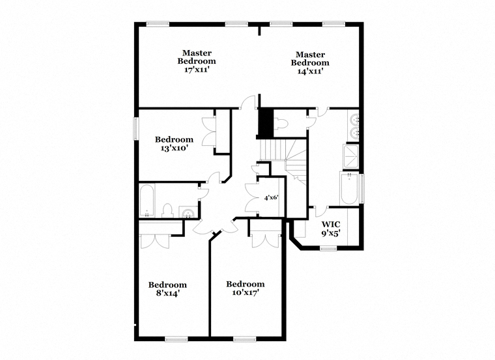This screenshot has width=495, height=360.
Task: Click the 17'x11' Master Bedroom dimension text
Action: (x=197, y=70)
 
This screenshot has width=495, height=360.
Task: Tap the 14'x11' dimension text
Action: (x=310, y=71)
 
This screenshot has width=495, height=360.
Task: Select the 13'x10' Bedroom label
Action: (x=175, y=144)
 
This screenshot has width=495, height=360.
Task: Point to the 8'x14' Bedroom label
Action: (x=167, y=289)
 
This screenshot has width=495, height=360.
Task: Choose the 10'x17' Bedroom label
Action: (x=246, y=288)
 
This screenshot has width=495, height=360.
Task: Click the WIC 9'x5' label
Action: (x=331, y=228)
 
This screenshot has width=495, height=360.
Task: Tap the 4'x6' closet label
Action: (x=271, y=198)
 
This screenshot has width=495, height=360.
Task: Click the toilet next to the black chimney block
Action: (x=281, y=124)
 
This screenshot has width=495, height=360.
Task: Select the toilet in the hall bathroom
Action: (x=167, y=211)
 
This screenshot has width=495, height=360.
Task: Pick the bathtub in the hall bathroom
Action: (x=147, y=201)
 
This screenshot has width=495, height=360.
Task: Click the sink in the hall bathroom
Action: (x=188, y=212)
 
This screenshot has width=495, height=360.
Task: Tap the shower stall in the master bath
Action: (x=350, y=157)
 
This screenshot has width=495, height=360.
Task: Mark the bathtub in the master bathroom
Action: (x=349, y=189)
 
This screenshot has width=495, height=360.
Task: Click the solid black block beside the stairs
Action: (x=266, y=123)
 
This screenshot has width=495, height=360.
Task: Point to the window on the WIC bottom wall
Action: (x=328, y=249)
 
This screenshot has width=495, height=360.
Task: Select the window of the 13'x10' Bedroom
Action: (x=136, y=128)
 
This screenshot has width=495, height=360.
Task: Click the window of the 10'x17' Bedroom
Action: (x=245, y=339)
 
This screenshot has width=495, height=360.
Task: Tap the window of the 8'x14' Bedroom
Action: (x=177, y=339)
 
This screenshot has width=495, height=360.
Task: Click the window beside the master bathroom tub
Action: (x=361, y=189)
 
